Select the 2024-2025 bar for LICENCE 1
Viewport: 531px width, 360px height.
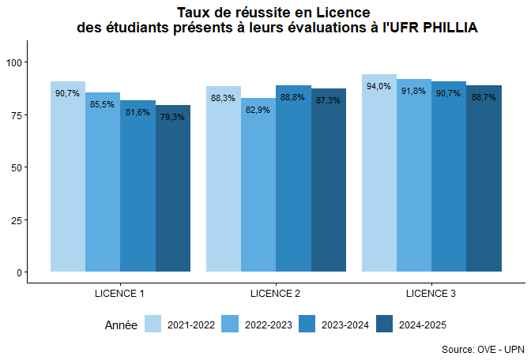[x=173, y=189]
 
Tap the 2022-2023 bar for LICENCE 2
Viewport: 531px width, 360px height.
[x=258, y=185]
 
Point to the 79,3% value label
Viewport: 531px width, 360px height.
[x=172, y=117]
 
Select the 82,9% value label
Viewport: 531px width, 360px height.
[x=258, y=110]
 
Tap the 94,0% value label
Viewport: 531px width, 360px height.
[x=379, y=86]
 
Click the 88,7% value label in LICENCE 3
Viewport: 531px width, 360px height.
[x=484, y=97]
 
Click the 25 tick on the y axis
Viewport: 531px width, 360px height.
[x=17, y=219]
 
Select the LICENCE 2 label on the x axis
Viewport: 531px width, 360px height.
[x=275, y=294]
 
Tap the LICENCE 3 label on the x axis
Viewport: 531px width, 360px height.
[x=431, y=294]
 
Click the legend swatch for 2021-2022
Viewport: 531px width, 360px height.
[x=153, y=324]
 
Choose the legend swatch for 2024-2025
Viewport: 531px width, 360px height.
[x=385, y=324]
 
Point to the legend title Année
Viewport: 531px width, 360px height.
[x=121, y=324]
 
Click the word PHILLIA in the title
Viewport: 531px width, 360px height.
[x=450, y=28]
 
